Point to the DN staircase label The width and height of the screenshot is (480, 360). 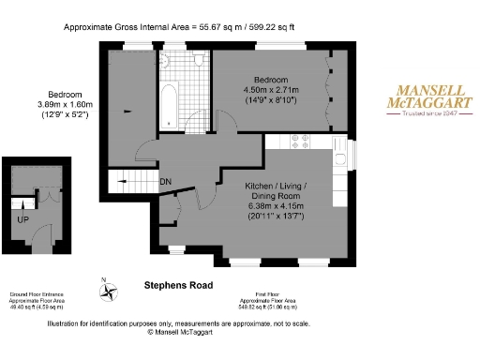point(165,181)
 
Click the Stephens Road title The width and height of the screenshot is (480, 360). point(178,285)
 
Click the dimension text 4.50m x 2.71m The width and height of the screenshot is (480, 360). point(271,90)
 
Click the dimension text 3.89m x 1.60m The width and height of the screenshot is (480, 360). point(64,105)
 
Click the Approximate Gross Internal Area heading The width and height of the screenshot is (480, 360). point(178,27)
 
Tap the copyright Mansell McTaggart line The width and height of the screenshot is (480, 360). point(178,332)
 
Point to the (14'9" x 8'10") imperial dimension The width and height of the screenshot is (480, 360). point(271,100)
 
